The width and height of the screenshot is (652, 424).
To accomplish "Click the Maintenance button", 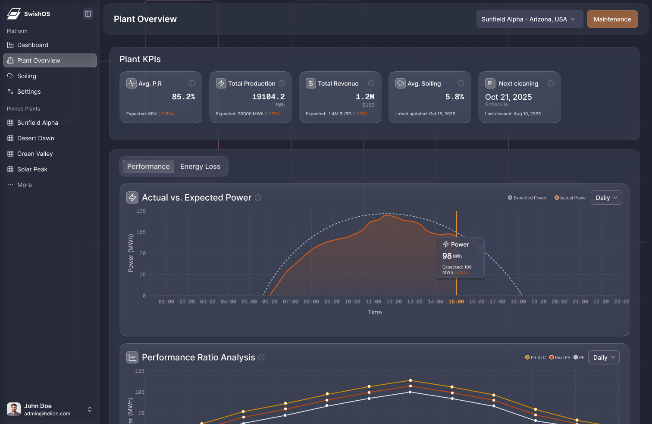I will pyautogui.click(x=612, y=19).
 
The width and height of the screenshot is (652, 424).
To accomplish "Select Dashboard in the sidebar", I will pyautogui.click(x=33, y=45).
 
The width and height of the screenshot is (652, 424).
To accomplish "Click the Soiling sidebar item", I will pyautogui.click(x=27, y=76).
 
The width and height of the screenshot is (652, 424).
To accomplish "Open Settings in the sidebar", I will pyautogui.click(x=29, y=92).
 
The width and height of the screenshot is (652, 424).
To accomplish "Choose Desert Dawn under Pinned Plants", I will pyautogui.click(x=36, y=138).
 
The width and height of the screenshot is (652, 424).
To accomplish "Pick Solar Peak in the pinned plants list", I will pyautogui.click(x=32, y=169).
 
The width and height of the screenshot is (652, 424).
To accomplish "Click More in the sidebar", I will pyautogui.click(x=25, y=185).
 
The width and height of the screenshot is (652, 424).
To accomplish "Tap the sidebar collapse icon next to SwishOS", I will pyautogui.click(x=88, y=14).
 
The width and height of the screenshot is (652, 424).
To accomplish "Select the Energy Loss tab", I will pyautogui.click(x=200, y=167).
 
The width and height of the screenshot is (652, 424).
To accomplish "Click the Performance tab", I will pyautogui.click(x=148, y=167).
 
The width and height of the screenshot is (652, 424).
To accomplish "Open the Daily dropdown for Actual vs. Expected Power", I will pyautogui.click(x=606, y=198).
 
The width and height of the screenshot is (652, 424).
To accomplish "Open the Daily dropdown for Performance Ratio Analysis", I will pyautogui.click(x=603, y=358).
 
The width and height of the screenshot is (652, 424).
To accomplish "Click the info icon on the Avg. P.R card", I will pyautogui.click(x=192, y=83).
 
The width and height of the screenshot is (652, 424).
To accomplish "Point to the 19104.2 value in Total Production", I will pyautogui.click(x=268, y=97).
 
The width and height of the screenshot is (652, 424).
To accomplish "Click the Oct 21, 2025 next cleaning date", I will pyautogui.click(x=508, y=97).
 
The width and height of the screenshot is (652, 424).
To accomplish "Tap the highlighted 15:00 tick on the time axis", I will pyautogui.click(x=456, y=302).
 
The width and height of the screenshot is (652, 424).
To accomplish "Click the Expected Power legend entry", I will pyautogui.click(x=527, y=198).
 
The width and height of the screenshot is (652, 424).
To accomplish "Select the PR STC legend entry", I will pyautogui.click(x=536, y=358).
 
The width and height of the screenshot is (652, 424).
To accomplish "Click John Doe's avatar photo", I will pyautogui.click(x=14, y=409).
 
